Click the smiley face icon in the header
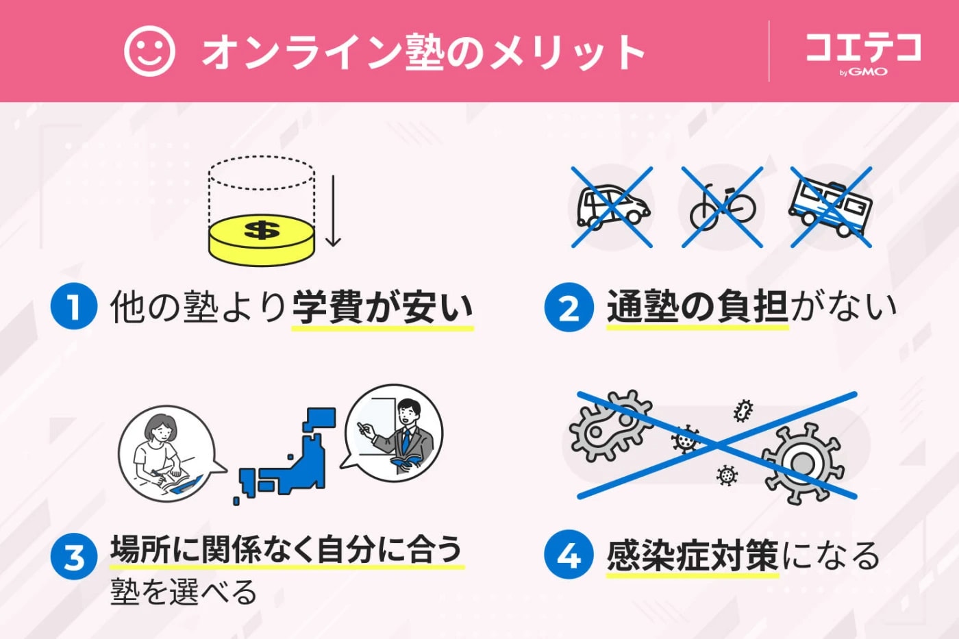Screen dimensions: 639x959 [149, 51]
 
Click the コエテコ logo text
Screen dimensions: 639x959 [863, 47]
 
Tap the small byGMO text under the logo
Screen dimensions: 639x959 [863, 71]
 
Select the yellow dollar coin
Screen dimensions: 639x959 [261, 238]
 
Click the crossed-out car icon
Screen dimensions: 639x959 [612, 207]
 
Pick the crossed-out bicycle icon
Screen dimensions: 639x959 [722, 207]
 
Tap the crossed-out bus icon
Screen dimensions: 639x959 [831, 207]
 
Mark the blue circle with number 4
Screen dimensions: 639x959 [569, 555]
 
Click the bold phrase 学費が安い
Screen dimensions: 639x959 [382, 307]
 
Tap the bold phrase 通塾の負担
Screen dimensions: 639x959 [697, 306]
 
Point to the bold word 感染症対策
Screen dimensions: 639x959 [692, 555]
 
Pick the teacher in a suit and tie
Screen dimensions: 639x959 [404, 435]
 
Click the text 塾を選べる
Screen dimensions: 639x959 [184, 592]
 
